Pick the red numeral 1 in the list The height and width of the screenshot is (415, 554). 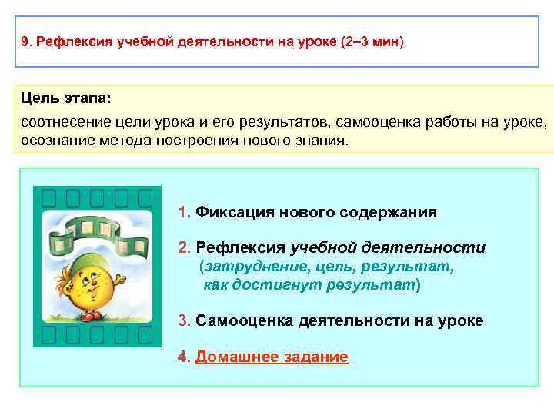pos(182,212)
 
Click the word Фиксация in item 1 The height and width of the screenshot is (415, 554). pos(235,212)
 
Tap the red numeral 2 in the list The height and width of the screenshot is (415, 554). pos(182,247)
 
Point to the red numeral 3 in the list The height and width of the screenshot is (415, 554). pos(182,320)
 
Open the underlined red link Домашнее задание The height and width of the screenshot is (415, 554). pos(272,357)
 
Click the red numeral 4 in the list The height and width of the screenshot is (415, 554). pos(182,357)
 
